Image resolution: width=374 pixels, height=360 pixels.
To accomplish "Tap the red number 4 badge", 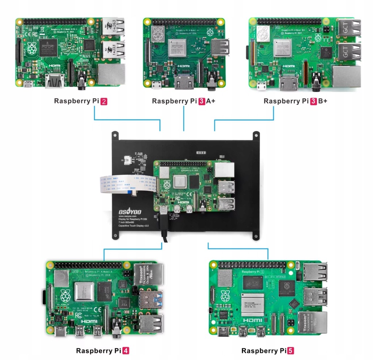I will [x=125, y=351].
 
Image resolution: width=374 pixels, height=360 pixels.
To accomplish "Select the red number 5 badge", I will [x=291, y=351].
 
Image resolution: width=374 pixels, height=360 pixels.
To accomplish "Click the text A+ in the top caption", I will [x=211, y=101].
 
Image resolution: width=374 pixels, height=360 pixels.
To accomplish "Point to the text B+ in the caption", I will [x=323, y=101].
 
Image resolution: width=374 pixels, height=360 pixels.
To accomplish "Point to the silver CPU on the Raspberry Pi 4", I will [x=85, y=292].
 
